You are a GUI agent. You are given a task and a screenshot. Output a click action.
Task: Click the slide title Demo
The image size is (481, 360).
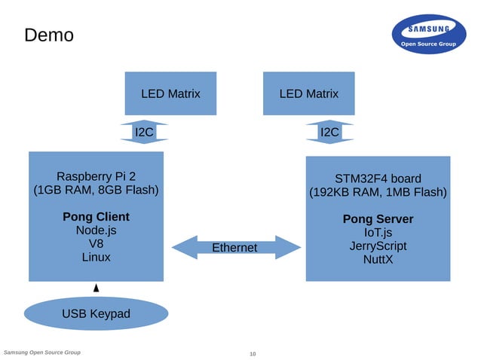tap(49, 35)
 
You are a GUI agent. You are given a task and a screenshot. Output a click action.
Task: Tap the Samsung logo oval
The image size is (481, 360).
tap(429, 35)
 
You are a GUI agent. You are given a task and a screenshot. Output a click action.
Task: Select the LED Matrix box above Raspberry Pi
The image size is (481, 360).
tap(170, 93)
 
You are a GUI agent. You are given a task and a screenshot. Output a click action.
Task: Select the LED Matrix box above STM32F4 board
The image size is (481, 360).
tap(308, 93)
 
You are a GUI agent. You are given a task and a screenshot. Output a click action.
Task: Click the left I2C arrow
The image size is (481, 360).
tap(144, 132)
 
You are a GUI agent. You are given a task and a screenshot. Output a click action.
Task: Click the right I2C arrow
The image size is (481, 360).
tap(329, 132)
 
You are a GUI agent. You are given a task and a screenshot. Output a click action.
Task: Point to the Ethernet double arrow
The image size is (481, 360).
tap(234, 248)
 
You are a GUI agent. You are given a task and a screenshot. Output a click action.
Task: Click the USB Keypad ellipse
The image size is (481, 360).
tap(96, 313)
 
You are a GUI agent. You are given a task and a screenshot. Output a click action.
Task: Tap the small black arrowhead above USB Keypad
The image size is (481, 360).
tap(96, 288)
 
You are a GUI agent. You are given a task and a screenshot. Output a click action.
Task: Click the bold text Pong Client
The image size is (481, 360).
tap(96, 217)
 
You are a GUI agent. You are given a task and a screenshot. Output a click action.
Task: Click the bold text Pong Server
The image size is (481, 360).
tap(378, 219)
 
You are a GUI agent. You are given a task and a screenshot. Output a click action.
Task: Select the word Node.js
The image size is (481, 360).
tap(96, 230)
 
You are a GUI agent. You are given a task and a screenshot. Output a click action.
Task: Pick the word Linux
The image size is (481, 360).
tap(96, 258)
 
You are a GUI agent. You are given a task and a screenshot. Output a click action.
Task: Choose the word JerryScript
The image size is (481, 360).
tap(378, 246)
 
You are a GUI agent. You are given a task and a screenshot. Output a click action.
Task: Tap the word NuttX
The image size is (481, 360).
tap(378, 260)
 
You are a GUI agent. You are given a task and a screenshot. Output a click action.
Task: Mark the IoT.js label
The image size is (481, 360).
tap(378, 233)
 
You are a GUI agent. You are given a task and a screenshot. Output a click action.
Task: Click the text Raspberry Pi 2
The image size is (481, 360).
tap(96, 176)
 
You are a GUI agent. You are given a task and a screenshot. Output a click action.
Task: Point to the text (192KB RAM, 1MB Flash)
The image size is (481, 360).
tap(378, 193)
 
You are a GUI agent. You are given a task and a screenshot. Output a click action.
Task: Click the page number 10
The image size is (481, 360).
tap(253, 354)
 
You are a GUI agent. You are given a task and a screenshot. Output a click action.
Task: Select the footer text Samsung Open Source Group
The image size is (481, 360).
tap(42, 352)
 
